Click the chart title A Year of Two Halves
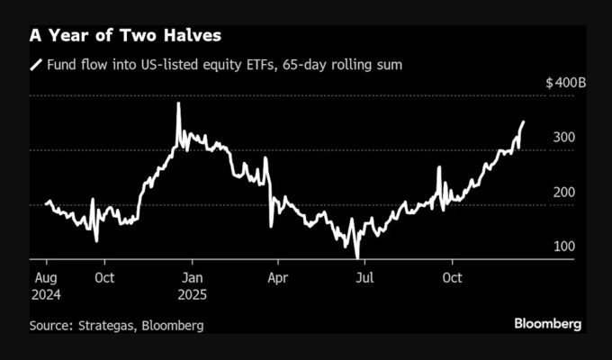pyautogui.click(x=126, y=36)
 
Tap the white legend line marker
pyautogui.click(x=37, y=65)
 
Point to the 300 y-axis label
pyautogui.click(x=563, y=137)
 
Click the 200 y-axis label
pyautogui.click(x=563, y=192)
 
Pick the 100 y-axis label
pyautogui.click(x=563, y=246)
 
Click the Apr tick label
pyautogui.click(x=279, y=278)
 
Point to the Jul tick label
pyautogui.click(x=365, y=278)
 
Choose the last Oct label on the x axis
pyautogui.click(x=452, y=278)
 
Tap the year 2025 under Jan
pyautogui.click(x=195, y=294)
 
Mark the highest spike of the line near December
pyautogui.click(x=178, y=103)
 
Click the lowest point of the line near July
pyautogui.click(x=357, y=257)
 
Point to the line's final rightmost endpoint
pyautogui.click(x=525, y=121)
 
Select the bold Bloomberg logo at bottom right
pyautogui.click(x=547, y=323)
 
